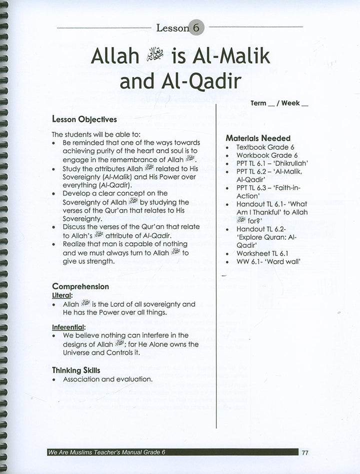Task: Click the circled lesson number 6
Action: click(196, 28)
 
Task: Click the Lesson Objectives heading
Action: click(84, 120)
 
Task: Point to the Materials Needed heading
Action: click(258, 138)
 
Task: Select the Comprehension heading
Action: click(80, 287)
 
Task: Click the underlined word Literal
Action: click(62, 296)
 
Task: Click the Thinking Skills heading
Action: click(76, 370)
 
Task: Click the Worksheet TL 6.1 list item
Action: click(262, 254)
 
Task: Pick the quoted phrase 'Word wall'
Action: click(289, 262)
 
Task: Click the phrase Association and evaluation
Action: click(107, 379)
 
